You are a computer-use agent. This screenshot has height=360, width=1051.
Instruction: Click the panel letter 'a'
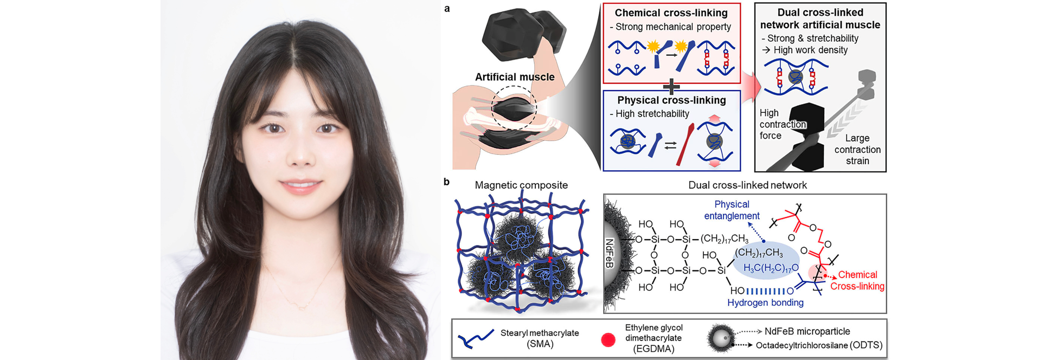(x=447, y=9)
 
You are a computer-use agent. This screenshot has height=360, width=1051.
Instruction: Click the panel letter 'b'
(x=446, y=182)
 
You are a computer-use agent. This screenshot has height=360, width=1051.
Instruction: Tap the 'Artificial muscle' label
(x=515, y=77)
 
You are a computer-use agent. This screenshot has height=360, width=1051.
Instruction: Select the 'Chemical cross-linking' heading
(x=671, y=13)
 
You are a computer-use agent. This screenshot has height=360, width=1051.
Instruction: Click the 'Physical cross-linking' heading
(x=671, y=100)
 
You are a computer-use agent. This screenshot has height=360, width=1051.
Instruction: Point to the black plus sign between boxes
(x=671, y=87)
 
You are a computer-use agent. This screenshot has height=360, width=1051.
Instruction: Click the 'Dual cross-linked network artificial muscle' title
(x=820, y=18)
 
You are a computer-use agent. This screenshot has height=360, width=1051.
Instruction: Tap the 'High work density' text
(x=810, y=50)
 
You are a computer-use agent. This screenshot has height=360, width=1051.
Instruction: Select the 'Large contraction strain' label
(x=857, y=150)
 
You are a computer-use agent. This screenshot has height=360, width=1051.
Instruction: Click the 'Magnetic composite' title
(x=521, y=185)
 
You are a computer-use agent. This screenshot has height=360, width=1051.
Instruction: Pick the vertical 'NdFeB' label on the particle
(x=609, y=253)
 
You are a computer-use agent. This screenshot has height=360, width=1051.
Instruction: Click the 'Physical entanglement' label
(x=732, y=210)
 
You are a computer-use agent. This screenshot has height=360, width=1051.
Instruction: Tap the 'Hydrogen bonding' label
(x=765, y=303)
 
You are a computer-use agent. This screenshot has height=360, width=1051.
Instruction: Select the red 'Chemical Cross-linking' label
(x=857, y=280)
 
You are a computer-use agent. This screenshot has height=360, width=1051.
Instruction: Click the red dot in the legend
(x=608, y=340)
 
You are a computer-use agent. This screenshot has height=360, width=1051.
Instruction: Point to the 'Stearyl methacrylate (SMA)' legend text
(x=540, y=338)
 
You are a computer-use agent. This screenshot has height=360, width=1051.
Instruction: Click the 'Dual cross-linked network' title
(x=747, y=185)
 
